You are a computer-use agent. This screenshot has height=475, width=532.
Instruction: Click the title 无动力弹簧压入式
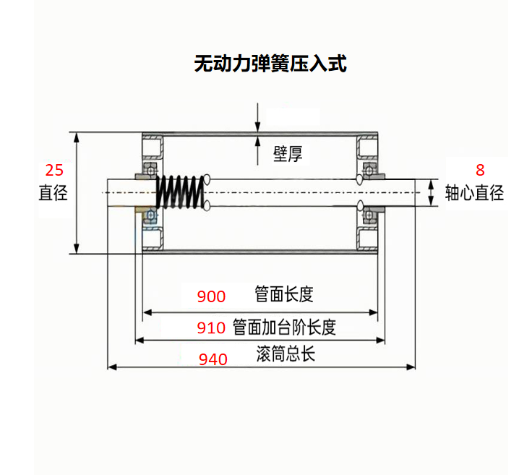[270, 64]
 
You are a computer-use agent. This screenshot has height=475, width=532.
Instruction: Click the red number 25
[54, 171]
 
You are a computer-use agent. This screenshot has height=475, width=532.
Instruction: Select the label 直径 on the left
[53, 193]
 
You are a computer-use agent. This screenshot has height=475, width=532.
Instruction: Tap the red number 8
[479, 171]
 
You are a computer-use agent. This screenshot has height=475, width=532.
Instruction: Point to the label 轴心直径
[474, 193]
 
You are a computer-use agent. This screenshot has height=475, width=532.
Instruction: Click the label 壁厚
[287, 153]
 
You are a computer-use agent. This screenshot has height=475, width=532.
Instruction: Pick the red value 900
[212, 296]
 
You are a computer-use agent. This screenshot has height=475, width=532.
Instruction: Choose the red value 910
[212, 328]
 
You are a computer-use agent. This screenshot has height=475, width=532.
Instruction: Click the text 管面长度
[284, 294]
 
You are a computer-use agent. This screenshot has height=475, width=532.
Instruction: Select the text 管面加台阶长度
[285, 327]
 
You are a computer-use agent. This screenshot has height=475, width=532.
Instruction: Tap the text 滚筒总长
[286, 355]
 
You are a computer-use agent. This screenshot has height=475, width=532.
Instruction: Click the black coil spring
[180, 192]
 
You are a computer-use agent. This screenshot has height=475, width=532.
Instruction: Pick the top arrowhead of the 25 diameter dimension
[77, 137]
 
